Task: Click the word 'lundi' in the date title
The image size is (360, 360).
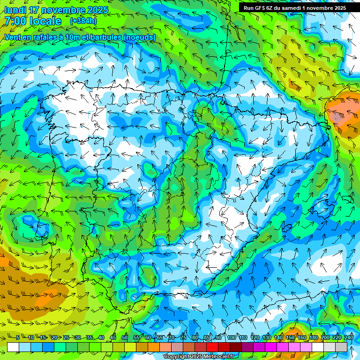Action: (15, 10)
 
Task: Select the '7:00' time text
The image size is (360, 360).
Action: (15, 21)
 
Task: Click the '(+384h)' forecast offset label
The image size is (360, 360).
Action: (84, 21)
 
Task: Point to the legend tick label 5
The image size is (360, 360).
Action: (18, 337)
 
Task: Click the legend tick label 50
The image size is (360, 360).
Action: (125, 337)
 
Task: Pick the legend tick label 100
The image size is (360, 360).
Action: (232, 337)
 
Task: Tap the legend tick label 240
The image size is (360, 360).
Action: (349, 337)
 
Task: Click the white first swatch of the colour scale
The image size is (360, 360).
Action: (13, 347)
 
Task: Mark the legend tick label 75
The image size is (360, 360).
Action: (183, 337)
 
